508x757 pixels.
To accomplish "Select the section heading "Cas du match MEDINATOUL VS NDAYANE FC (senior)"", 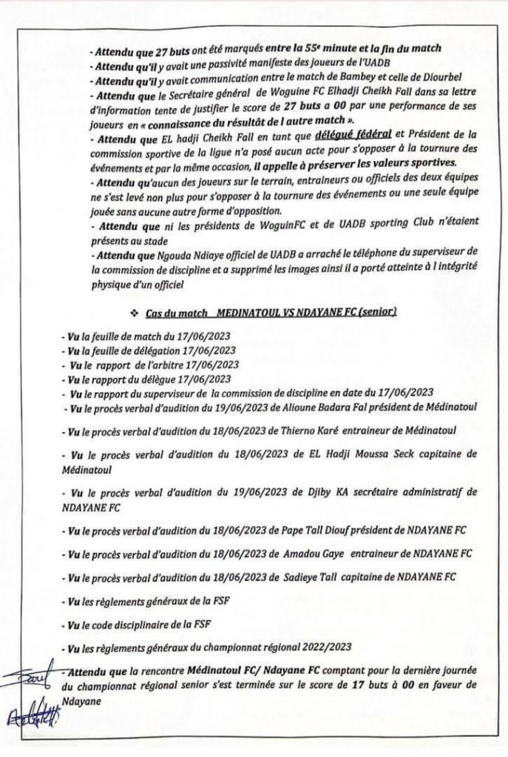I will (271, 313).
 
